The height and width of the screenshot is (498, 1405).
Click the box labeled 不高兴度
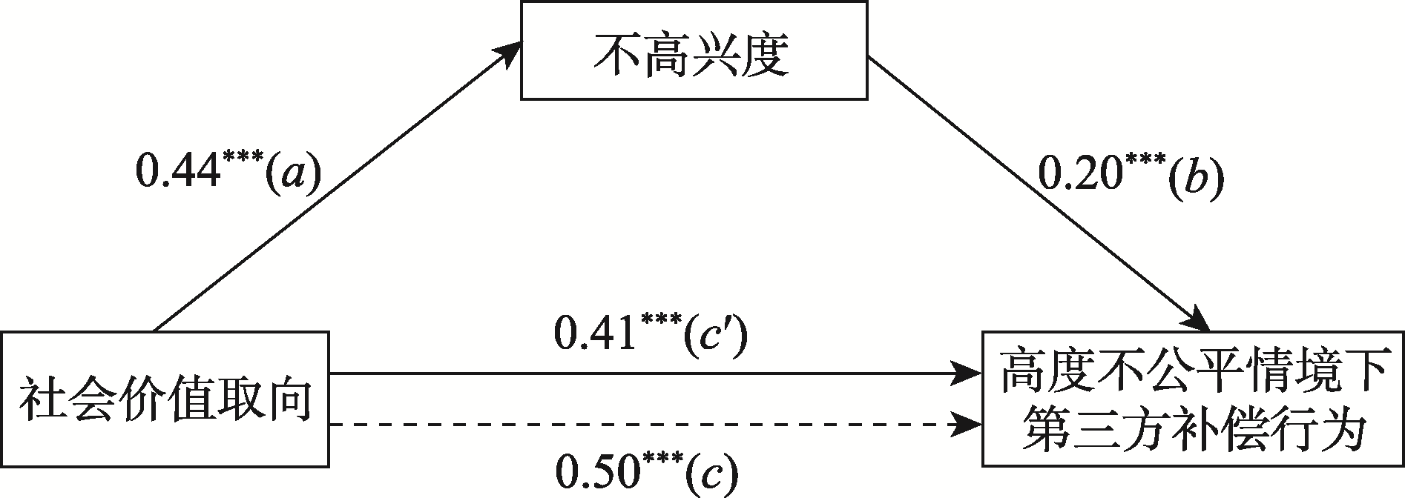tap(694, 50)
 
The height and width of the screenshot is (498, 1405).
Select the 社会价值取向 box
tap(165, 399)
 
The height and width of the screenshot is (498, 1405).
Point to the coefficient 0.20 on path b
tap(1079, 176)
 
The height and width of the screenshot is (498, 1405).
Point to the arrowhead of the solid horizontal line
tap(967, 374)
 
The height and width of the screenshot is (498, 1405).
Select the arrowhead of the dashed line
tap(967, 425)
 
